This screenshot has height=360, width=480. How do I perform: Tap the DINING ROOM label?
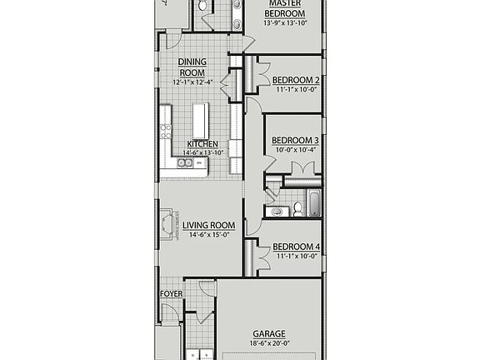click(192, 67)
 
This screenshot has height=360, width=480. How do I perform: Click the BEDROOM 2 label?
click(296, 80)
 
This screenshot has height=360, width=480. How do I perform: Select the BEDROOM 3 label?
click(295, 140)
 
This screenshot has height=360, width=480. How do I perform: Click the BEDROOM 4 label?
click(296, 247)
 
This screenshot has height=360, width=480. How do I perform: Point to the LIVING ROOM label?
click(209, 226)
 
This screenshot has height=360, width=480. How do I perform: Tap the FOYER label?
click(171, 293)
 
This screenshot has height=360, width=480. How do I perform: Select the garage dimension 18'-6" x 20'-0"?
click(269, 342)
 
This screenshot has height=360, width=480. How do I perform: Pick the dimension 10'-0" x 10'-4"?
click(295, 150)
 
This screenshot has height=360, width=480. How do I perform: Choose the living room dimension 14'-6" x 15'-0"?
click(209, 236)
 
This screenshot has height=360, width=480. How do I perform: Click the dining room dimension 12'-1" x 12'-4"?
click(192, 82)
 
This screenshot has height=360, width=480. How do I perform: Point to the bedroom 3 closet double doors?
click(302, 169)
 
